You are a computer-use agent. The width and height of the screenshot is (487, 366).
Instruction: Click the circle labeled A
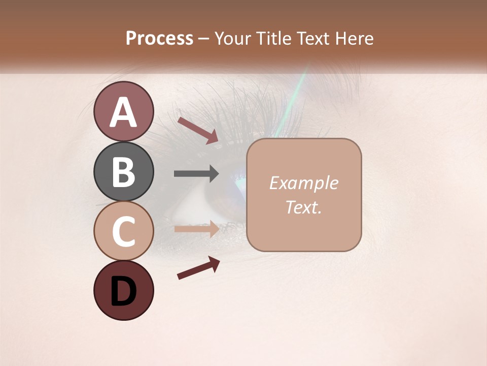pos(123,111)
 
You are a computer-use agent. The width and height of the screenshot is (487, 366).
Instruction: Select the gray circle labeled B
pos(123,171)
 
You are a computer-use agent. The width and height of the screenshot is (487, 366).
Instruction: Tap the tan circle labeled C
pos(123,231)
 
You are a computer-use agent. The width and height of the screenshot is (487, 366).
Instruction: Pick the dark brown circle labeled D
pos(123,290)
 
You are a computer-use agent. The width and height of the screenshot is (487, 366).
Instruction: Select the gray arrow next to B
pos(196,174)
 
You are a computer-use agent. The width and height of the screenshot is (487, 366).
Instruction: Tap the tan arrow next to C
pos(196,229)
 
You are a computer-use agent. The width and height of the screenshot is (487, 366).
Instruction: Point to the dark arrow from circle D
pos(198,268)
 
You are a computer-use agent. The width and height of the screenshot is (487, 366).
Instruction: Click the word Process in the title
pos(159,38)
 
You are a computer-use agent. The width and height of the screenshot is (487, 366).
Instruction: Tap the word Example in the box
pos(303,183)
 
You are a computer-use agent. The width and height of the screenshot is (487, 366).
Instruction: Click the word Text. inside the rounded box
pos(303,207)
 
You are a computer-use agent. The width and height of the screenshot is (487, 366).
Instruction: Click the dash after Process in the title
pos(204,39)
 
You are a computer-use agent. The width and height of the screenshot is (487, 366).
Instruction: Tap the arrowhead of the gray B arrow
pos(214,174)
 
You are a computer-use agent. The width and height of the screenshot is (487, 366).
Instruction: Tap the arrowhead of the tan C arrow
pos(214,229)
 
